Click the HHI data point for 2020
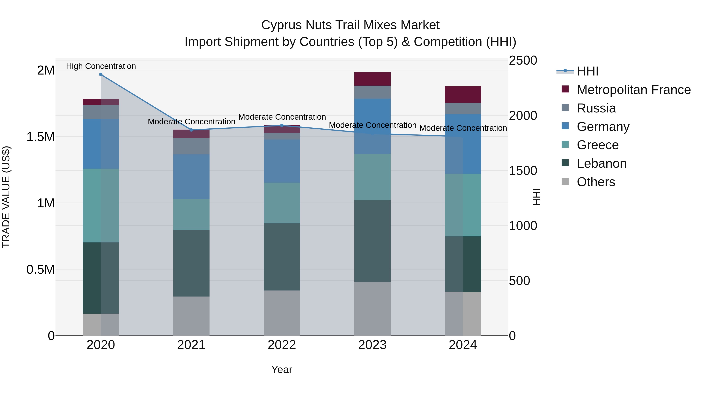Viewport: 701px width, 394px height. (101, 75)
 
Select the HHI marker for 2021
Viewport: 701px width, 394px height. (191, 130)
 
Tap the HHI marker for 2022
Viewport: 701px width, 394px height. (282, 125)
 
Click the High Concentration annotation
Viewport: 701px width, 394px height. (101, 66)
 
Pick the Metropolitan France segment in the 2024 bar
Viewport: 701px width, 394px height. (463, 94)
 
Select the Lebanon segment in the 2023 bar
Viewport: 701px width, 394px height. (372, 241)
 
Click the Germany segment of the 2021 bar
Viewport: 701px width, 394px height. (191, 177)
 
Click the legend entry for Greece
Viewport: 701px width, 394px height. (598, 145)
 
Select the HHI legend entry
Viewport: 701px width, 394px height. (587, 71)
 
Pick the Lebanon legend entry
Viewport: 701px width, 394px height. (601, 163)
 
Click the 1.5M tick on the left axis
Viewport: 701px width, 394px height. (41, 137)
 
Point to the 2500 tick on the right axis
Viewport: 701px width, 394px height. (523, 60)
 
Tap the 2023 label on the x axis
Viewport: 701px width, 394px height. (372, 345)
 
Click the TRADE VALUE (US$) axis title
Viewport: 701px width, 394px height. (6, 197)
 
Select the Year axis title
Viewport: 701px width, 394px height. (282, 369)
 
